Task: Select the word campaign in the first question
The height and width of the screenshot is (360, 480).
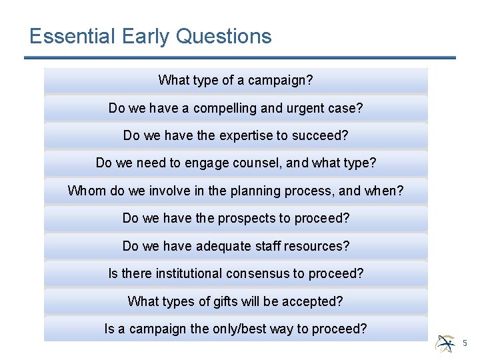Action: (x=280, y=81)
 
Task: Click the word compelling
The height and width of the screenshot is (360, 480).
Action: (x=220, y=108)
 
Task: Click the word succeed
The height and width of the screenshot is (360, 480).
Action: (x=324, y=136)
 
